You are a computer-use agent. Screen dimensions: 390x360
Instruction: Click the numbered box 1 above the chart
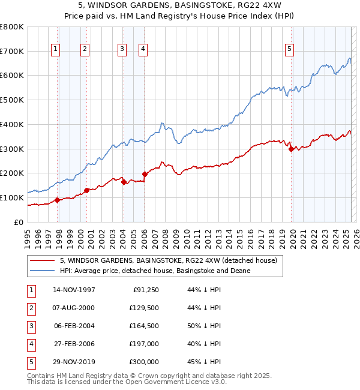point(55,50)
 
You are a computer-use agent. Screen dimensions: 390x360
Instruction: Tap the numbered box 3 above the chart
point(122,50)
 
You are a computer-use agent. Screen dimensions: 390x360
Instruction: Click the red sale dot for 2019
point(292,149)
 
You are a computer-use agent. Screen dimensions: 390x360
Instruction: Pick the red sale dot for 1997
point(58,200)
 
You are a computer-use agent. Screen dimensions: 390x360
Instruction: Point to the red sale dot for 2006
point(145,174)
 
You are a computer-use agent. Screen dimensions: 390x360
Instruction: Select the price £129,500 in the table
point(145,308)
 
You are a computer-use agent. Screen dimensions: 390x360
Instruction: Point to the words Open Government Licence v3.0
point(178,382)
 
